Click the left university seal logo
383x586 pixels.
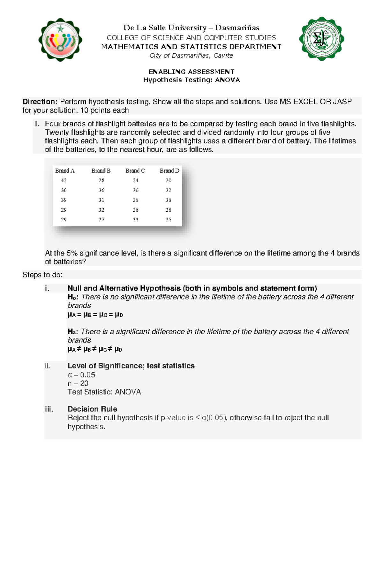coord(60,40)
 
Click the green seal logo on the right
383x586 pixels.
coord(321,39)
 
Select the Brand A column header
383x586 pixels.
coord(65,171)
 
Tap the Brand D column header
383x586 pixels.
coord(169,171)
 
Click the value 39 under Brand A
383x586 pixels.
coord(64,200)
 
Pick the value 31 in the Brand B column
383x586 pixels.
coord(101,200)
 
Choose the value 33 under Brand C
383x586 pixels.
coord(135,219)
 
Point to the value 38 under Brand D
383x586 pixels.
coord(168,200)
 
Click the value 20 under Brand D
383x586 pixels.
coord(168,180)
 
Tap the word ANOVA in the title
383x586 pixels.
coord(227,80)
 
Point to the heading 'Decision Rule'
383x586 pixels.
coord(92,409)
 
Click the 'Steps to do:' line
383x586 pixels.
coord(42,275)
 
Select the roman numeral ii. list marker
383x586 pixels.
coord(48,366)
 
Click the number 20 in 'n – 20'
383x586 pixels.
coord(84,383)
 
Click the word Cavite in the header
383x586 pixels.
coord(223,56)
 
